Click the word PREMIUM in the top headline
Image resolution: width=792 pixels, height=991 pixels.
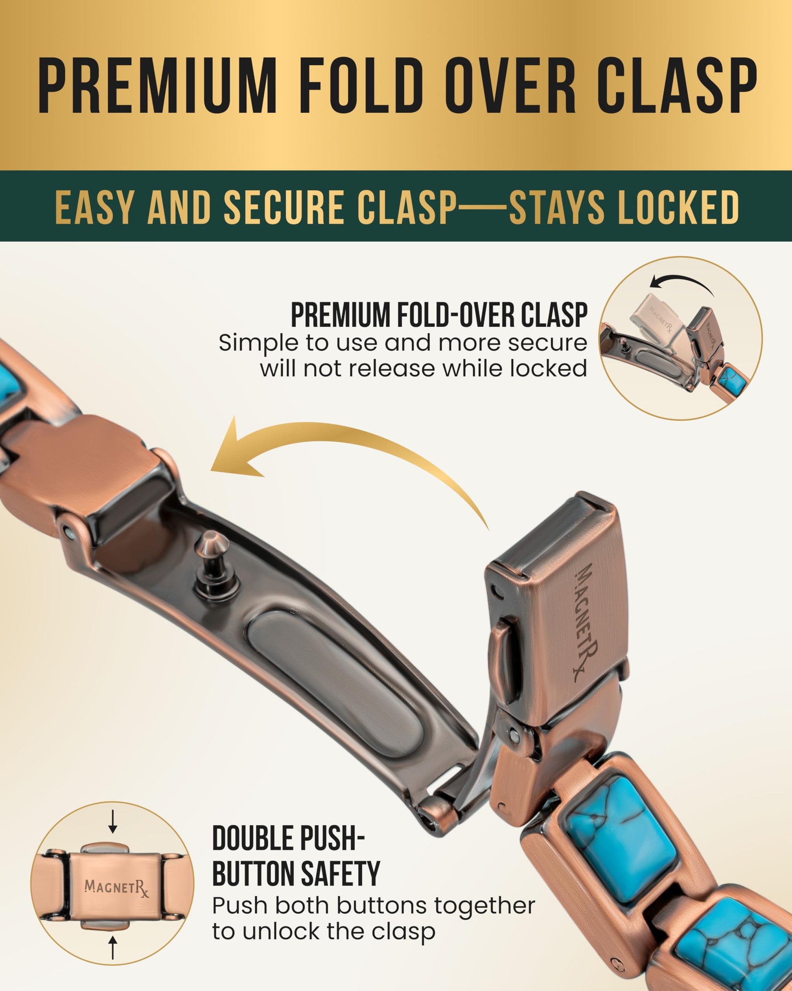158,86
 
